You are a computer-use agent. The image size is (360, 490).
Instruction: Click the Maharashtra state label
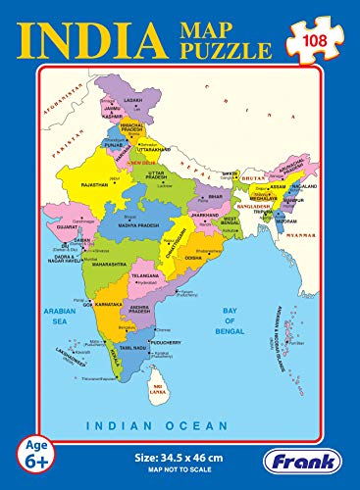click(x=107, y=264)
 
